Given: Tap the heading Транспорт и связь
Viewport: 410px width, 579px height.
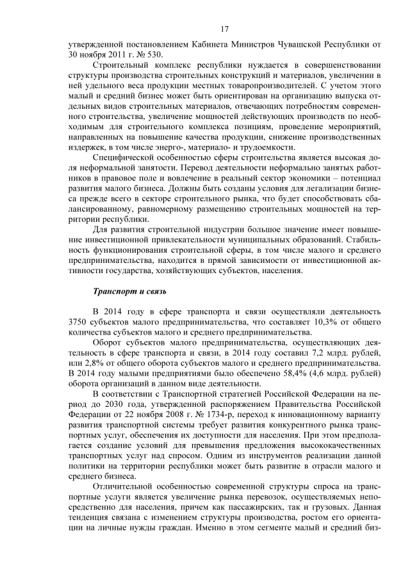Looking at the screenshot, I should (x=129, y=292).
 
